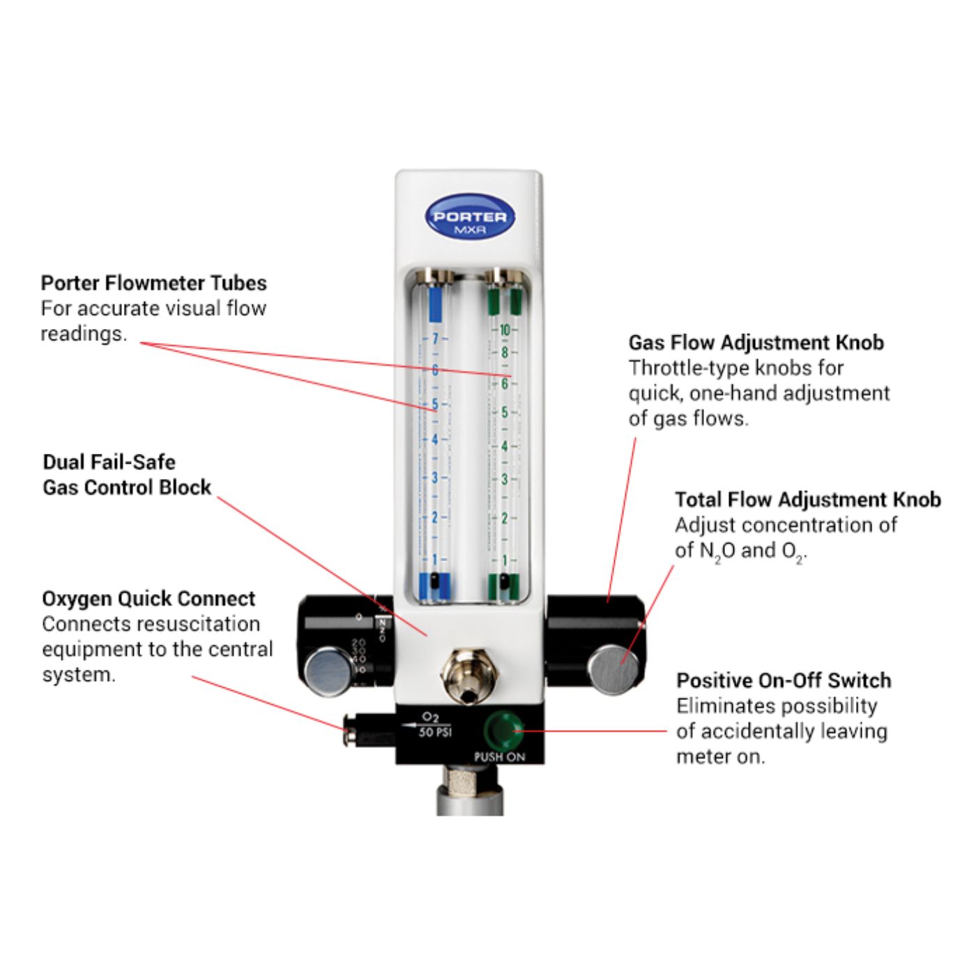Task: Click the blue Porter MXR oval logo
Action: coord(470,216)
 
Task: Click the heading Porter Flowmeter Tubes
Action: coord(153,283)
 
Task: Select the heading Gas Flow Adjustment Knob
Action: coord(756,342)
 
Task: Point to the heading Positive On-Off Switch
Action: coord(784,680)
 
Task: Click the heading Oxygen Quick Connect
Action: coord(148,599)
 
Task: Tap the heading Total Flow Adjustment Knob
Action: coord(807,500)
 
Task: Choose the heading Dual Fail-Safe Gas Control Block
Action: coord(126,475)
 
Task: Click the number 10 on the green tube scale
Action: coord(505,330)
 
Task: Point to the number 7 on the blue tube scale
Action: coord(436,339)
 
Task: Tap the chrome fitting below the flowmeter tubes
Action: coord(469,675)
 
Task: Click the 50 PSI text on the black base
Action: coord(435,732)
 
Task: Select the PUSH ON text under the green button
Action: coord(499,757)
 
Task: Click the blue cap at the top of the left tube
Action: coord(435,304)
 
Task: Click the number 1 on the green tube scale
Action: coord(505,561)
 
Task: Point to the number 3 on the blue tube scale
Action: coord(435,478)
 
